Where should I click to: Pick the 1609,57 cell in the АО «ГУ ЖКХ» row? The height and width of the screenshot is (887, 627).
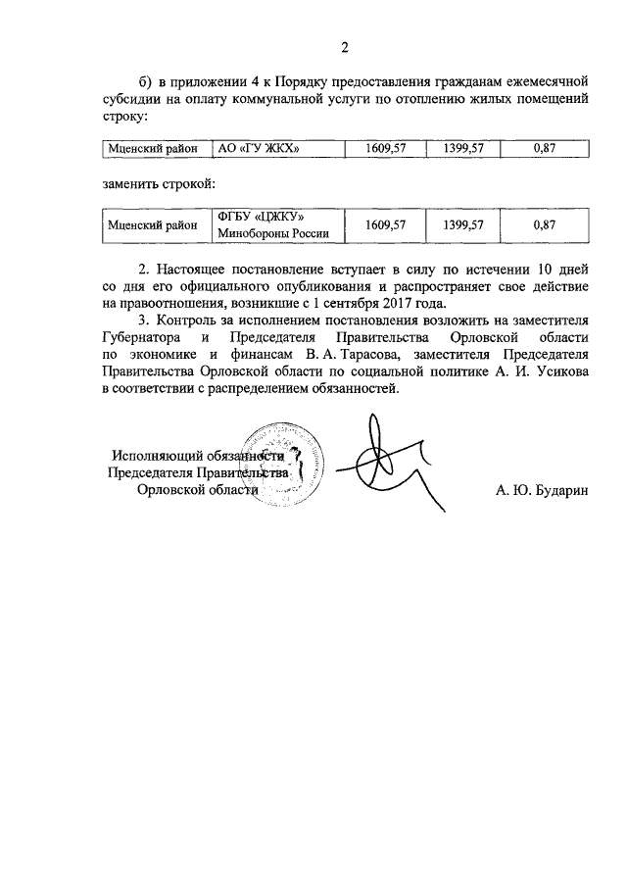coord(385,149)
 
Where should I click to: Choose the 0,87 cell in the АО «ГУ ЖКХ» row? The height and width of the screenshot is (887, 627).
coord(544,149)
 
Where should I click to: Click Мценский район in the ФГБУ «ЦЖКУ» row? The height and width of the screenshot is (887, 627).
coord(151,225)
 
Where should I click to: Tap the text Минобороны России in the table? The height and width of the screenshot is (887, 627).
coord(269,234)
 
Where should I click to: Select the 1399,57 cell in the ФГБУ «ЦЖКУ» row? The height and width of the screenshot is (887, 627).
coord(463,225)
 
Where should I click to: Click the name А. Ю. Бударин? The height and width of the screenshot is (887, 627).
coord(541,491)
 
